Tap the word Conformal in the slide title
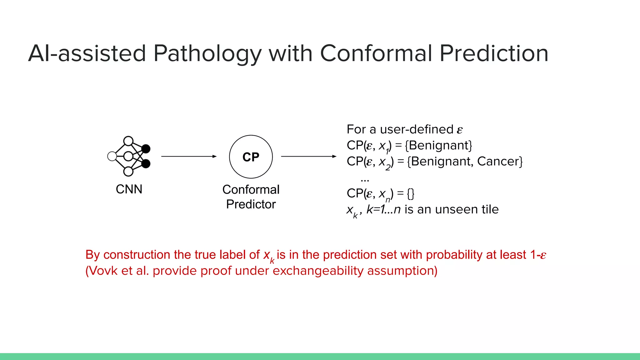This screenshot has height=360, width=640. [376, 53]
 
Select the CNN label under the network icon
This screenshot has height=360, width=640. [129, 189]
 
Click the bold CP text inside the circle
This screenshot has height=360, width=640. [251, 157]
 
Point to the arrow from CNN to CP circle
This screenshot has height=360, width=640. [189, 156]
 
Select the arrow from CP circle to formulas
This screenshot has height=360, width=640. [309, 156]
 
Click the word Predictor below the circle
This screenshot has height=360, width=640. [251, 204]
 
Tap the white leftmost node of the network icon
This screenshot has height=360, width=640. [112, 156]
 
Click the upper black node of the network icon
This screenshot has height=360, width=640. [146, 149]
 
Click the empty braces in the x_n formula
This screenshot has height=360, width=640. [411, 194]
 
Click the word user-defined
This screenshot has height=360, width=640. [417, 129]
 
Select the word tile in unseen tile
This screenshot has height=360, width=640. [490, 209]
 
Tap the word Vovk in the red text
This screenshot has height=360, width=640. [103, 271]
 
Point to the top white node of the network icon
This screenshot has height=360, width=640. [128, 141]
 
